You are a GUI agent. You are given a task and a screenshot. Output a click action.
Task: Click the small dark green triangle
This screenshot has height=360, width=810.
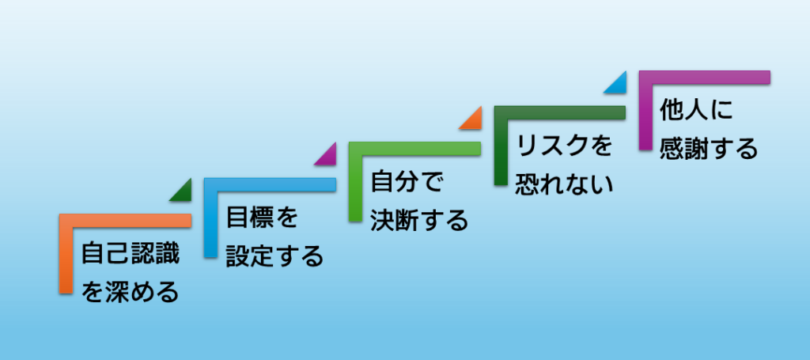[x=184, y=193]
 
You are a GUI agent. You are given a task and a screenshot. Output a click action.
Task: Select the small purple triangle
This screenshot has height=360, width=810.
[x=328, y=157]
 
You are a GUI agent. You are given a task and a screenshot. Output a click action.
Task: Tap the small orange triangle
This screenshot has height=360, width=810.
[x=474, y=121]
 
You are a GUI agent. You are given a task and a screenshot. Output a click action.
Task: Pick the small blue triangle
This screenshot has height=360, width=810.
[x=619, y=85]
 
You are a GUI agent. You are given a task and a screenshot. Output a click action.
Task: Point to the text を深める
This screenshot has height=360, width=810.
[x=131, y=292]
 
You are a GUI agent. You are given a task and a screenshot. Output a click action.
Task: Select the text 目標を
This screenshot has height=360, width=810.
[x=263, y=218]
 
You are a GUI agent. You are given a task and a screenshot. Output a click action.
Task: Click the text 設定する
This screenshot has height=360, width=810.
[x=274, y=256]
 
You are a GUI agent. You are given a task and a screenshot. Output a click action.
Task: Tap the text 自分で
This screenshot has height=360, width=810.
[x=407, y=182]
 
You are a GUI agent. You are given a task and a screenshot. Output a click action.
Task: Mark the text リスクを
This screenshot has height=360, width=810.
[x=564, y=146]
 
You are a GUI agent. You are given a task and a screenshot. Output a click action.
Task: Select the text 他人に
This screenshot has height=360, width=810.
[x=696, y=110]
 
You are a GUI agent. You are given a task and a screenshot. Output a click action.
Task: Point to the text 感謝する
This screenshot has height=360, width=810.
[x=709, y=149]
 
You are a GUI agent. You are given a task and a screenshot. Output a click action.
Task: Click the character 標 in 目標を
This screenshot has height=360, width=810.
[x=263, y=218]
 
